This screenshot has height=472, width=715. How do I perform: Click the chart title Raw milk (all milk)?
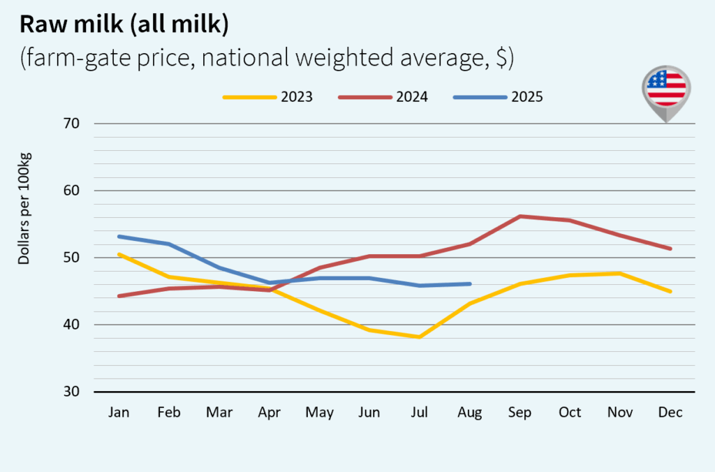(124, 25)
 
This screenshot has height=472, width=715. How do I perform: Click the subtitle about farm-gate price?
(267, 59)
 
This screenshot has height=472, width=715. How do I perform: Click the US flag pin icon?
(665, 91)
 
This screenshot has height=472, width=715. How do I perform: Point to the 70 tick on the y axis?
(73, 124)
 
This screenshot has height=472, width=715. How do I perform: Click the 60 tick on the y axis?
(73, 191)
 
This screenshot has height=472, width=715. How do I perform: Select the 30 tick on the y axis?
(73, 392)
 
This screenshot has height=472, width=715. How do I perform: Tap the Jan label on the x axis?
(119, 413)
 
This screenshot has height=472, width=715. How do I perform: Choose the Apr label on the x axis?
(270, 413)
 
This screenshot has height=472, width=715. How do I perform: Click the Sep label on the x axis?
(519, 413)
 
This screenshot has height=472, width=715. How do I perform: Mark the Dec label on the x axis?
(670, 413)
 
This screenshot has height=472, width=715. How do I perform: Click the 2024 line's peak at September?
(519, 216)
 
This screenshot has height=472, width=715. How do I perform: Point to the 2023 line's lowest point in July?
(420, 337)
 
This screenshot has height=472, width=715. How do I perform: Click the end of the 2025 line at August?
(470, 284)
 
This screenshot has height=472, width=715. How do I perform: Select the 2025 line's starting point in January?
(119, 237)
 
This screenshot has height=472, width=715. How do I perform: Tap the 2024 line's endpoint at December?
(670, 249)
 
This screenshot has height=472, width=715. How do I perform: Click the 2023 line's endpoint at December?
(670, 291)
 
